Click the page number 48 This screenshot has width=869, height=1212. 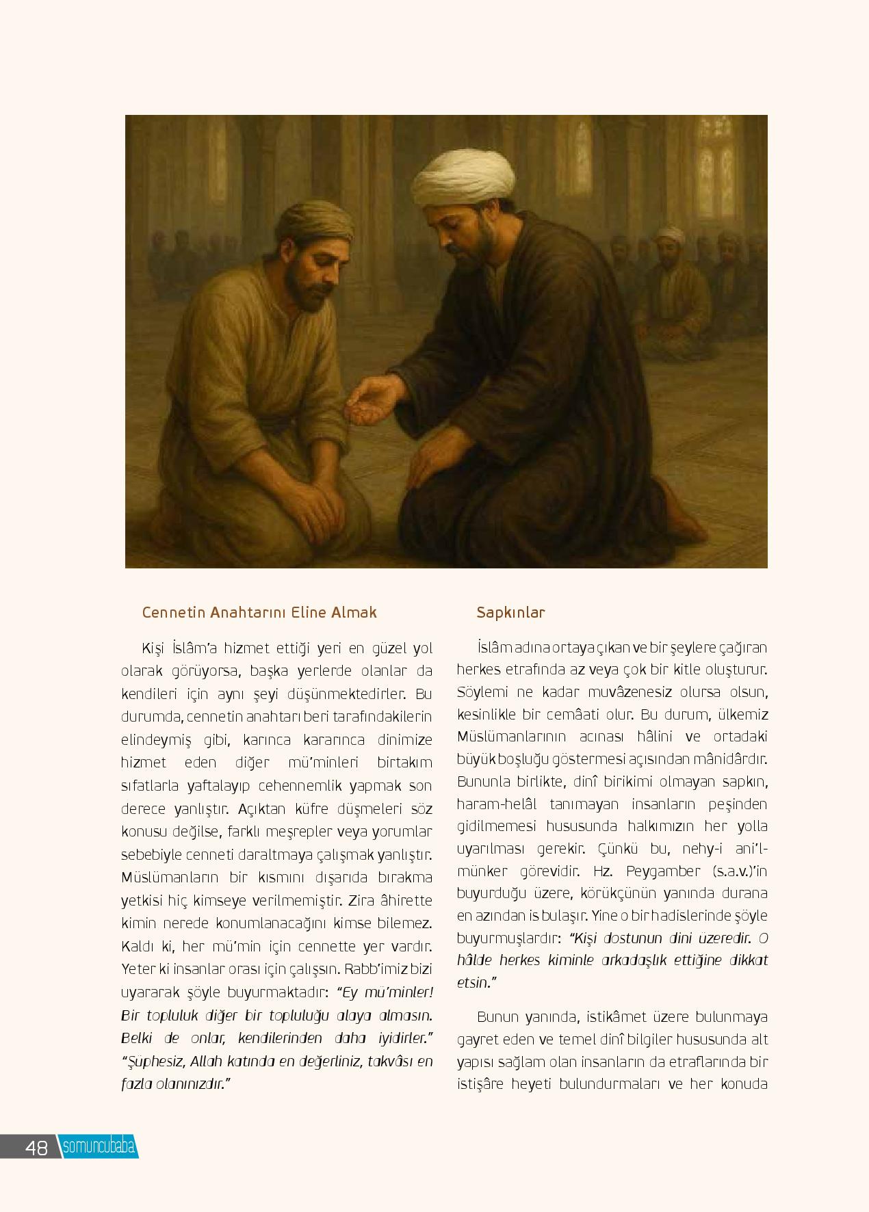click(36, 1147)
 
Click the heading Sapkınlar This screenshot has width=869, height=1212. click(510, 612)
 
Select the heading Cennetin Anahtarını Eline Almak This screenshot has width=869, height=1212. click(259, 612)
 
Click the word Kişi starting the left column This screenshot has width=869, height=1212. click(153, 647)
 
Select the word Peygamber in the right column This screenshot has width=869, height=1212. click(663, 871)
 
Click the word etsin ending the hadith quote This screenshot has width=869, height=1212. click(473, 982)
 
